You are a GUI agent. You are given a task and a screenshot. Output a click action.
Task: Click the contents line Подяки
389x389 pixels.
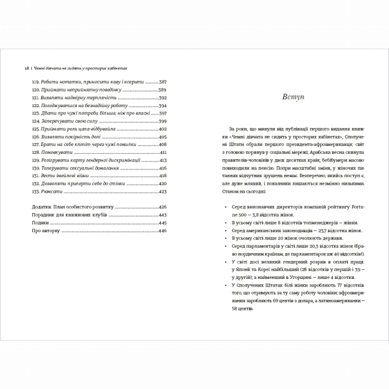[41, 223]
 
